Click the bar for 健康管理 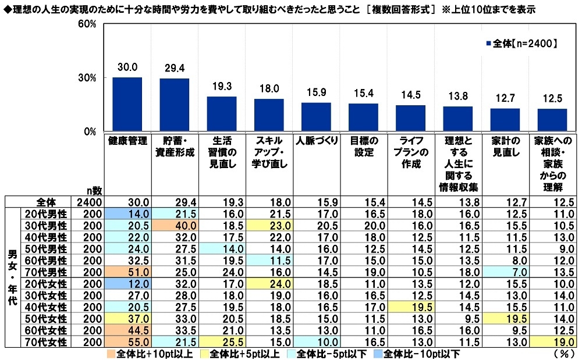tap(127, 104)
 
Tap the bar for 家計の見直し tap(505, 120)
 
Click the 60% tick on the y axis tap(87, 24)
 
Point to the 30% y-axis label tap(87, 78)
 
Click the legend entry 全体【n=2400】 tap(521, 43)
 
